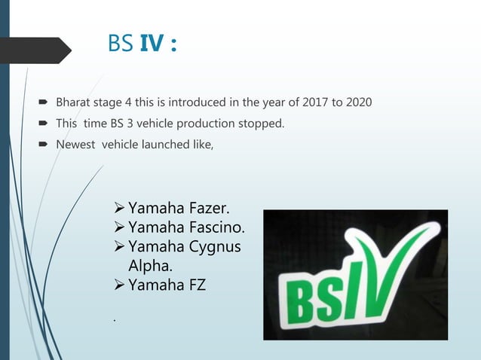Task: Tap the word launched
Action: click(x=167, y=145)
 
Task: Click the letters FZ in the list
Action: click(x=194, y=285)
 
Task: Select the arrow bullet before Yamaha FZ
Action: click(x=118, y=286)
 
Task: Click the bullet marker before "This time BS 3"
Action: click(x=47, y=124)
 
